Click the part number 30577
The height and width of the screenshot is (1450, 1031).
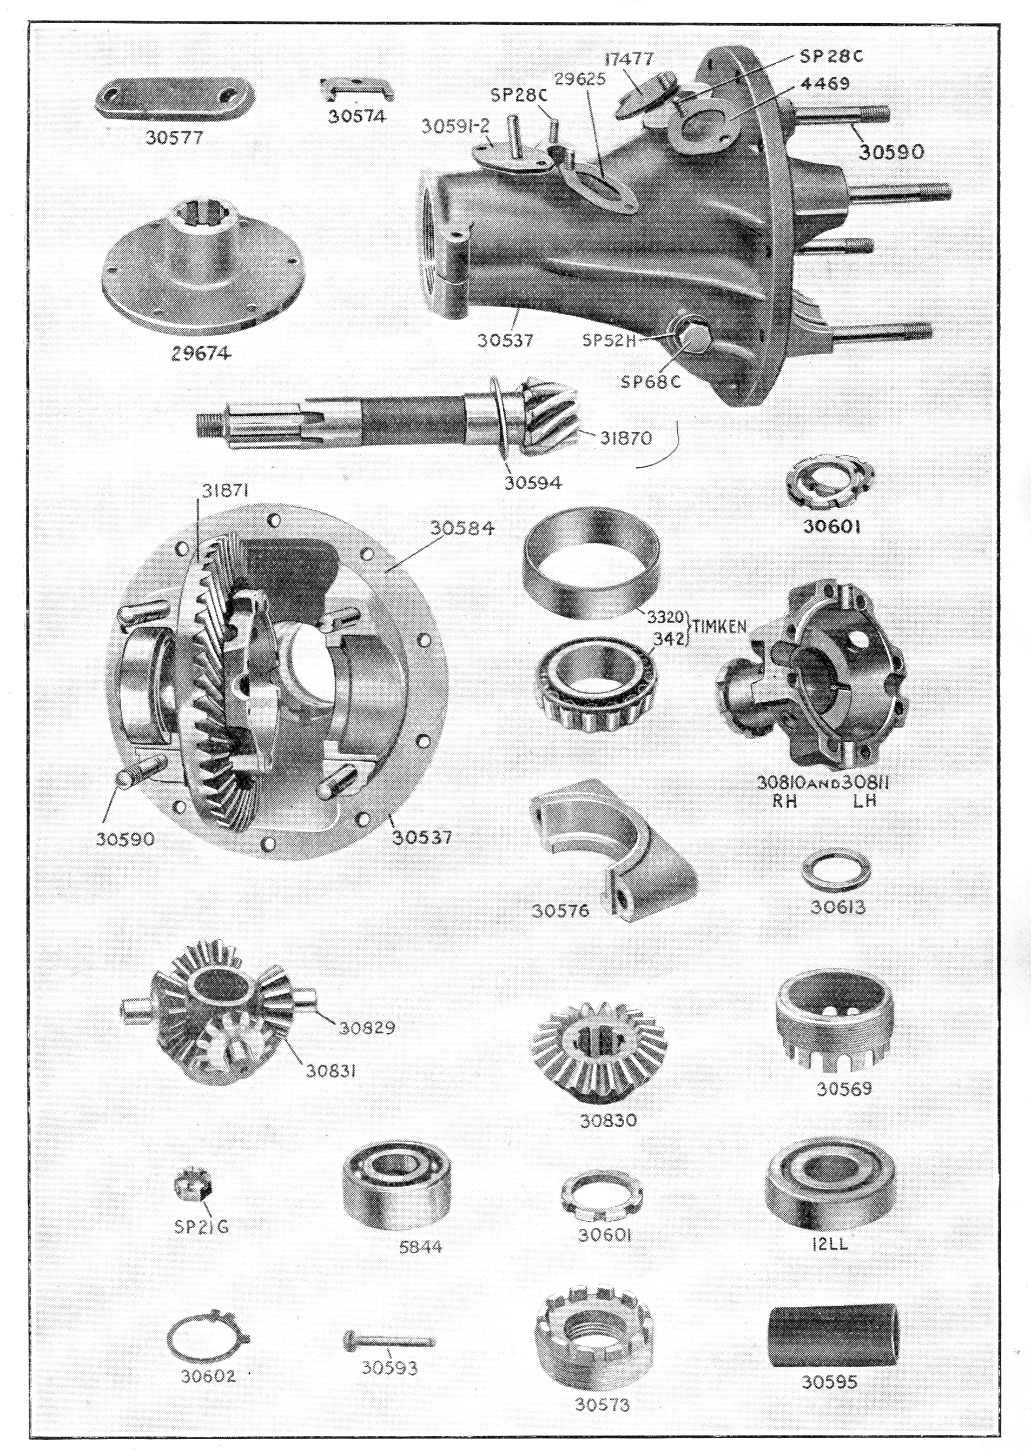click(x=175, y=137)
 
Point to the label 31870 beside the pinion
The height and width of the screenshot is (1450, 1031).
click(x=626, y=437)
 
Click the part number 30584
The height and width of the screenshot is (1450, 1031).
click(x=462, y=529)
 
